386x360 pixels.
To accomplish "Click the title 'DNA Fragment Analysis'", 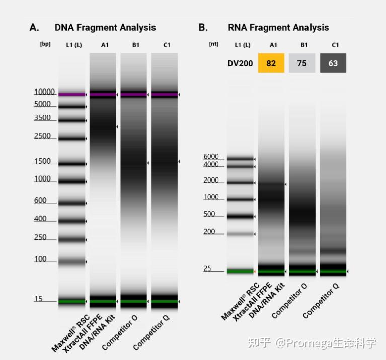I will [105, 28].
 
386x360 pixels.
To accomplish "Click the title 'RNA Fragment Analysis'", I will [278, 28].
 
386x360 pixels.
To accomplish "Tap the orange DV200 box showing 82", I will [271, 63].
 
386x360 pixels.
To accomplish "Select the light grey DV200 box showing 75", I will [302, 63].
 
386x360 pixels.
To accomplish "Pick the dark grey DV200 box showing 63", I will [333, 63].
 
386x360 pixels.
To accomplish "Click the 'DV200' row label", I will [240, 63].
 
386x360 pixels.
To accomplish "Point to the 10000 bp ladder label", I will [44, 92].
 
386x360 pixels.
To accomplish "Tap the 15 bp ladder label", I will [38, 299].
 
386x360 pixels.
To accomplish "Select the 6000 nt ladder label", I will [211, 156].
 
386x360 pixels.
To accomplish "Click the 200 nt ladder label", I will [209, 232].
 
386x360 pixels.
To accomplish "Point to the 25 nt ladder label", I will [207, 269].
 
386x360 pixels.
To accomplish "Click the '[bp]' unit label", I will [45, 44].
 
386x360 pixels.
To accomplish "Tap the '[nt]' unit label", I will [214, 44].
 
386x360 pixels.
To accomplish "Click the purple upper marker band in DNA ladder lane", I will [71, 94].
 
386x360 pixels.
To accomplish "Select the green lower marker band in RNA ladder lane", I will [240, 272].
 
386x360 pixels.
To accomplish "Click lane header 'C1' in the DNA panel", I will [166, 45].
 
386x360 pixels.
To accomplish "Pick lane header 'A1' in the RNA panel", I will [273, 45].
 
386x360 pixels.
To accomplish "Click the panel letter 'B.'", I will [203, 28].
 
